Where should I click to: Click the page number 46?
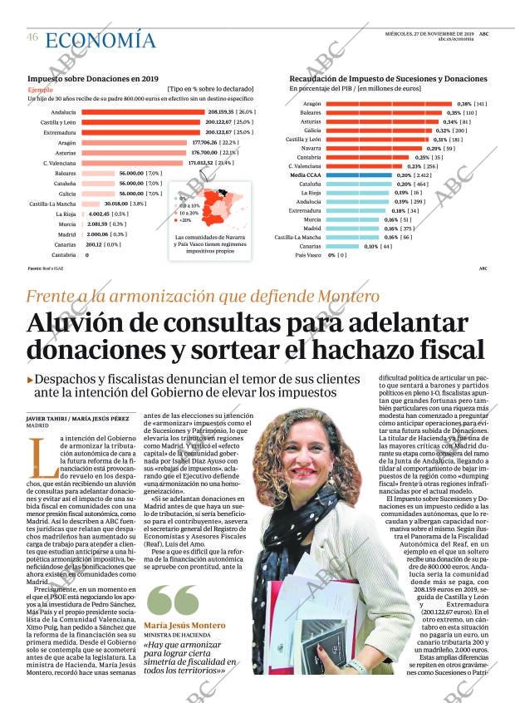pyautogui.click(x=32, y=37)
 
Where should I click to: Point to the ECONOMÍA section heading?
pyautogui.click(x=101, y=40)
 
